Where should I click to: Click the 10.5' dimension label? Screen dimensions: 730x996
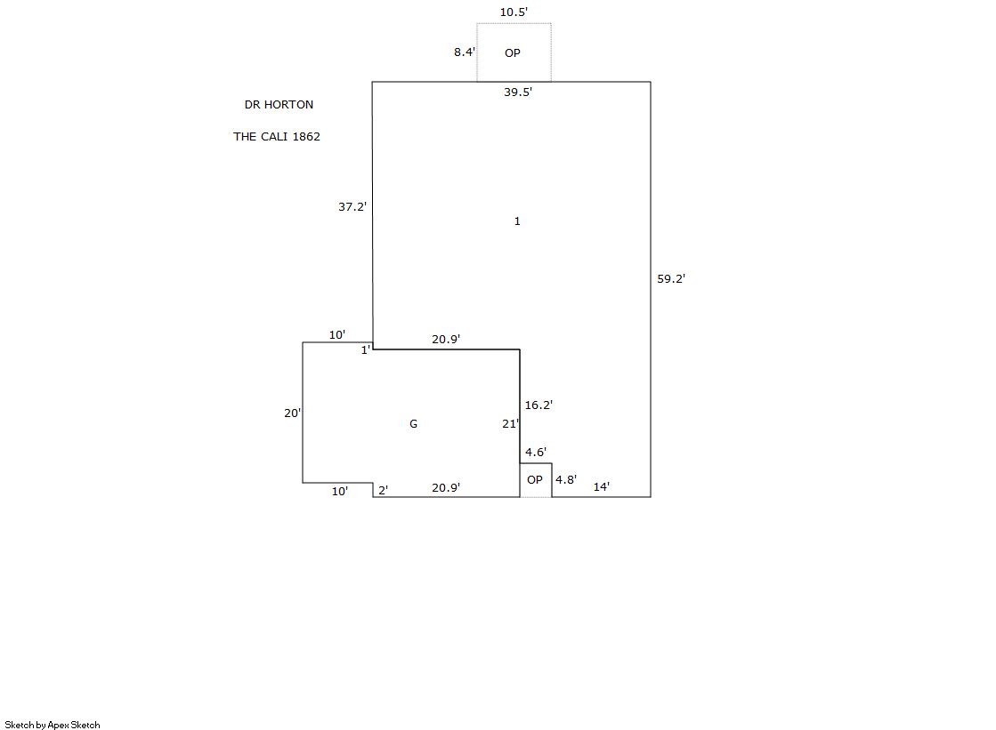click(514, 12)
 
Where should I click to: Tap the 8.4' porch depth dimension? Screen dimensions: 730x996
click(465, 52)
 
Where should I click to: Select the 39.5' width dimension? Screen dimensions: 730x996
click(518, 92)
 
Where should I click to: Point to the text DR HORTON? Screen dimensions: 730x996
click(279, 105)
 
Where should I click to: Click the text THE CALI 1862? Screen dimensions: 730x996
click(277, 137)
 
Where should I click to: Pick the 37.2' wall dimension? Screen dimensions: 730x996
click(352, 206)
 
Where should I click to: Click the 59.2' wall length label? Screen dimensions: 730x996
click(671, 279)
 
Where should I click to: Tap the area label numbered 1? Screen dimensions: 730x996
click(517, 221)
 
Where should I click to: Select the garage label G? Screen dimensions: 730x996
click(413, 424)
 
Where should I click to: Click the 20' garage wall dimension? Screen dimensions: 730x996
click(292, 413)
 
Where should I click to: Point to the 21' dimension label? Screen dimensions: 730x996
click(510, 424)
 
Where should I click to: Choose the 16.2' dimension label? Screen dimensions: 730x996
click(538, 405)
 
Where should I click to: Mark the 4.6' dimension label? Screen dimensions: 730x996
click(536, 453)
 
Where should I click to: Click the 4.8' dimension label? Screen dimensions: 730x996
click(566, 480)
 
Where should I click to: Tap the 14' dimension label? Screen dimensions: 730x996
click(602, 486)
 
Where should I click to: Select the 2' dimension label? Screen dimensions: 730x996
click(383, 490)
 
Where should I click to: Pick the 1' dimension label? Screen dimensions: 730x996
click(365, 350)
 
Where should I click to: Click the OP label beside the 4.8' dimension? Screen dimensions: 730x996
click(534, 480)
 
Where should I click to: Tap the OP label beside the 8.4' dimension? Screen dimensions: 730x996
click(513, 53)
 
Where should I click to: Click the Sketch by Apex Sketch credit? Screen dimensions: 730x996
click(53, 725)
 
